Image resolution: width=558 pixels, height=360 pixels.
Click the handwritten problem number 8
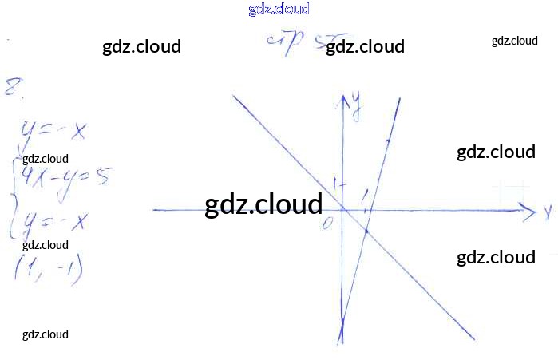(13, 87)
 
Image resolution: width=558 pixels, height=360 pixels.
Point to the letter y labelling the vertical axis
(356, 105)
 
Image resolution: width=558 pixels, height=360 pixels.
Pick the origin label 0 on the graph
(326, 223)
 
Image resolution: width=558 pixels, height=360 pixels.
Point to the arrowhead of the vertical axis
(345, 98)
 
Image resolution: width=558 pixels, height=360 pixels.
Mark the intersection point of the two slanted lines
(366, 231)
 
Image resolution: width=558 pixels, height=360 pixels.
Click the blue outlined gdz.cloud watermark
(279, 10)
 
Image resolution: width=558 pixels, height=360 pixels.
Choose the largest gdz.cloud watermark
(263, 204)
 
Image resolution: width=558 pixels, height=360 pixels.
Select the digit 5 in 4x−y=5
(101, 177)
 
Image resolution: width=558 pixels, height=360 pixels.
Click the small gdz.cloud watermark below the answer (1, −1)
(46, 334)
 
